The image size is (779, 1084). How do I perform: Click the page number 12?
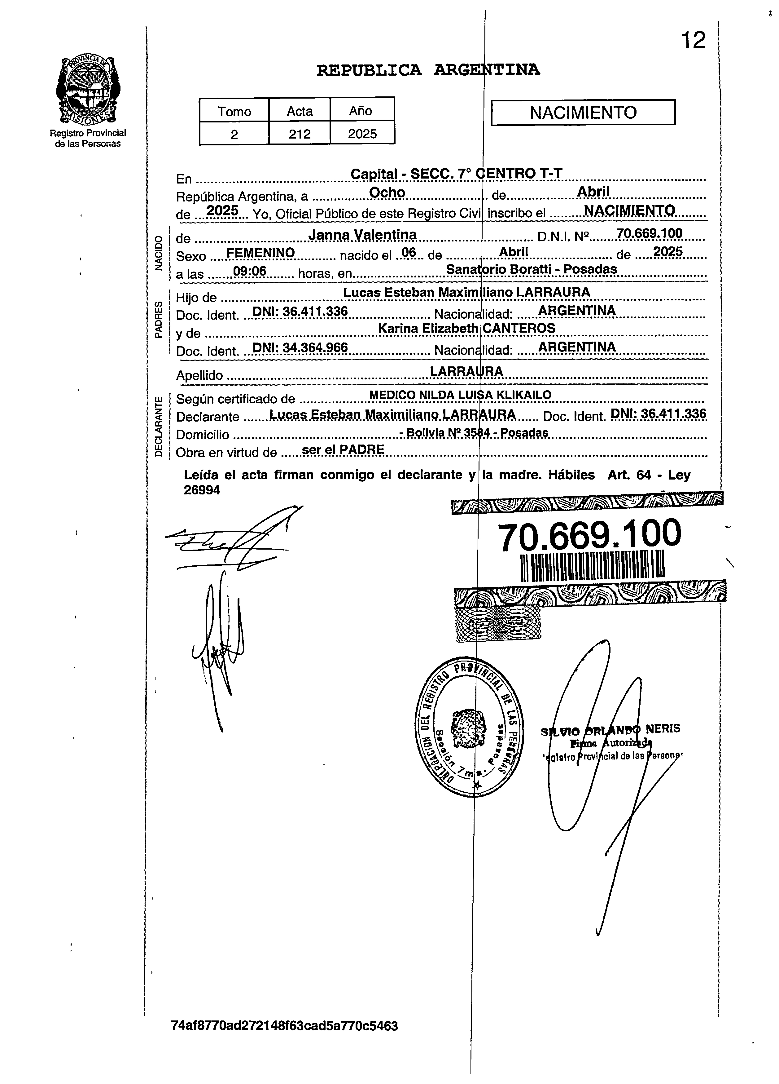coord(693,40)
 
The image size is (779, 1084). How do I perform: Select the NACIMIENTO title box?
coord(583,112)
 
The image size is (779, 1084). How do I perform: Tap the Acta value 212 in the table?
coord(300,134)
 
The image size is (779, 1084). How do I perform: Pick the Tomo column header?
coord(234,111)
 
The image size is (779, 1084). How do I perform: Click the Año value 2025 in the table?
coord(362,134)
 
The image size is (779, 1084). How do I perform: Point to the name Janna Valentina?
coord(362,235)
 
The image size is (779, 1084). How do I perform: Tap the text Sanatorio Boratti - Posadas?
coord(531,269)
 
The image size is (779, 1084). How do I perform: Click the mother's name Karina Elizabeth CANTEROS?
coord(467,328)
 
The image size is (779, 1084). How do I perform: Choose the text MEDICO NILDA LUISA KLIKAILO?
coord(460,395)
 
